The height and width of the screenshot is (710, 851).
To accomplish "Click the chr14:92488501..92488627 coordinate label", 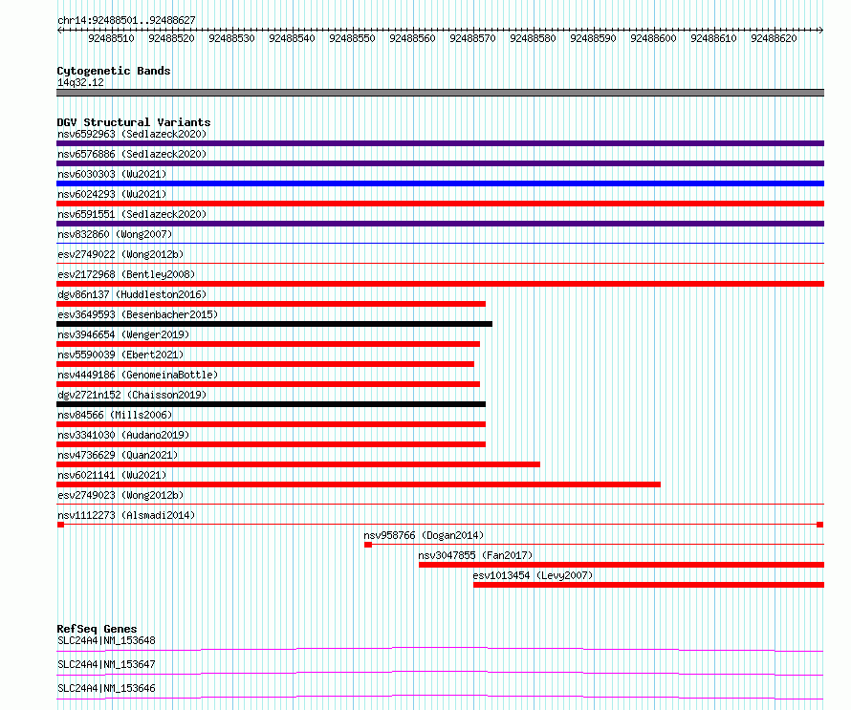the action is [126, 20].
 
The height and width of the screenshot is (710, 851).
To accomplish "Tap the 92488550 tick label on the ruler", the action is [352, 38].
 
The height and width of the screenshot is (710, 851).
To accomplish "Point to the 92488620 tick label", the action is [774, 38].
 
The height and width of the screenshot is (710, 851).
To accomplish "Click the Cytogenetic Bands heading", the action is [114, 71].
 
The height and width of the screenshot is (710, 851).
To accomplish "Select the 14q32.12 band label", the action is [80, 82].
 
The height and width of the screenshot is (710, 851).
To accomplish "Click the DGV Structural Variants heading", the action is [134, 122].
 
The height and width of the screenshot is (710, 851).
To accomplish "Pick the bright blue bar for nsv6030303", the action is [440, 183].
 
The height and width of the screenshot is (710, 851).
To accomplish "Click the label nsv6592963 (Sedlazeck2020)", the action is [132, 134].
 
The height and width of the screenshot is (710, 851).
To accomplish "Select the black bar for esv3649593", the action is [274, 324].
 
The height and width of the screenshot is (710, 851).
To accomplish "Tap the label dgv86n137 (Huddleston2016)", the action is [132, 294].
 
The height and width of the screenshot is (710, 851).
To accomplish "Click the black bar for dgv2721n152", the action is [271, 404].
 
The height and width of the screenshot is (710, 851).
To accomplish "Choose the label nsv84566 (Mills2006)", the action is [115, 415].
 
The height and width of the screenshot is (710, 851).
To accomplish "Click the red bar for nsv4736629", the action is [298, 464].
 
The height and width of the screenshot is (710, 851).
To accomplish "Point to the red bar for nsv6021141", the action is [359, 484].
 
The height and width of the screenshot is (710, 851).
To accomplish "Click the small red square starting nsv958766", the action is [368, 545].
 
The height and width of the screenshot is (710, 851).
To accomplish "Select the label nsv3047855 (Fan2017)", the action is [475, 555].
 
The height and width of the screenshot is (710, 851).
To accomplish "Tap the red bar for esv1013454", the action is [648, 585].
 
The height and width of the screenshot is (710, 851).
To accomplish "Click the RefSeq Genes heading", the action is [97, 629].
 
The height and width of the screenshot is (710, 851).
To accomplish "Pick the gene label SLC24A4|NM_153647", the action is [106, 664].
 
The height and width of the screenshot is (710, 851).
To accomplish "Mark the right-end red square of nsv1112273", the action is [820, 525].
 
